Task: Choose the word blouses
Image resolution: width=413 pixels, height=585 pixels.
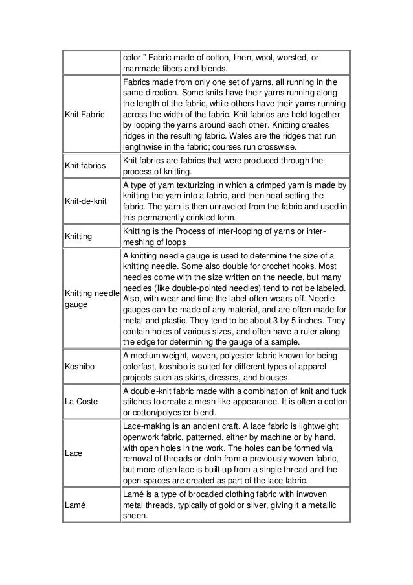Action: (x=292, y=378)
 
